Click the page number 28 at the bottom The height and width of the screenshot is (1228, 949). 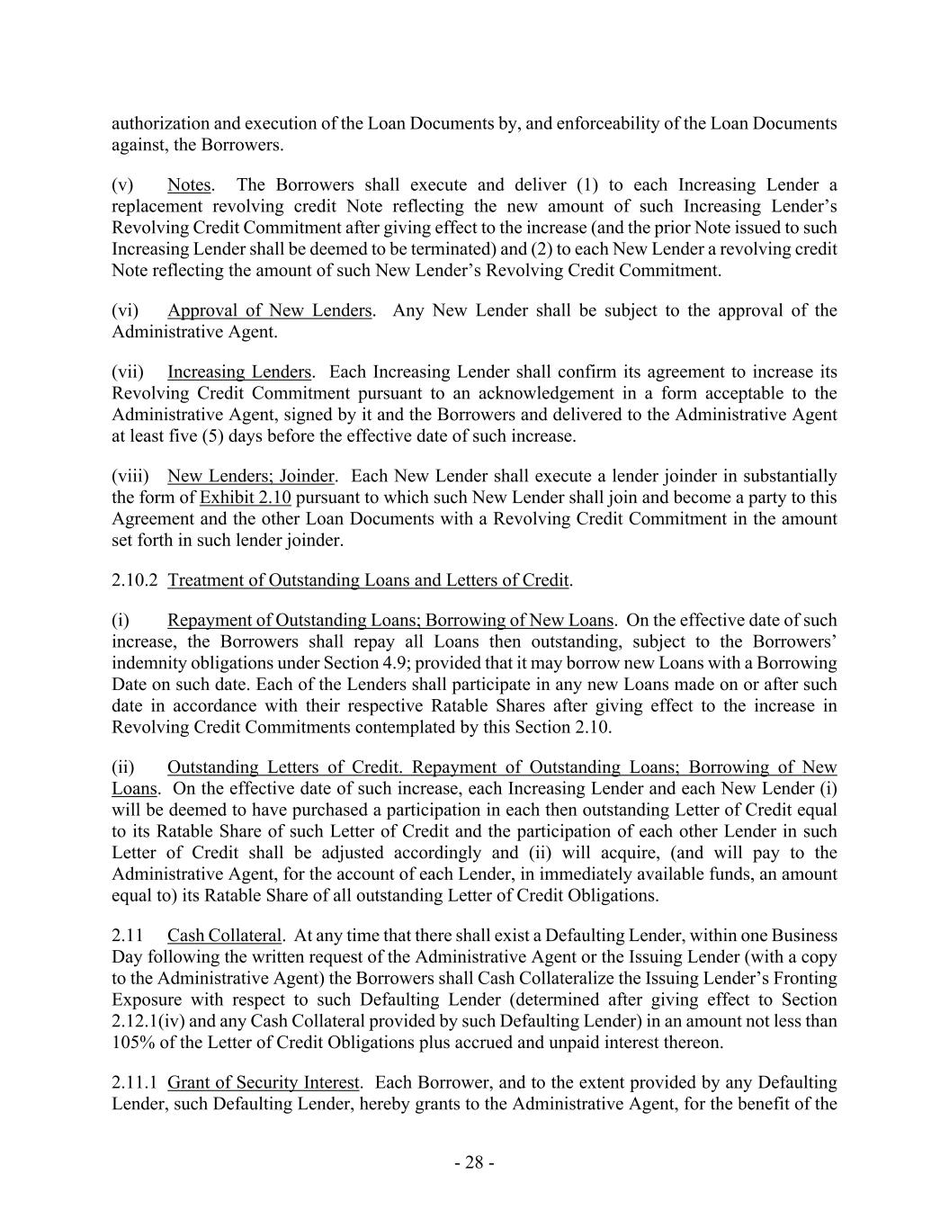(x=474, y=1162)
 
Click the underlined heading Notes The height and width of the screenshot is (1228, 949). (x=189, y=185)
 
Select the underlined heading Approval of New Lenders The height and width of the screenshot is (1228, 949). (x=269, y=310)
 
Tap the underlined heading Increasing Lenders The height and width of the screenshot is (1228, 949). (x=239, y=372)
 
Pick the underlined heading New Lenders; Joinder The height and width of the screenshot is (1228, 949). (x=250, y=476)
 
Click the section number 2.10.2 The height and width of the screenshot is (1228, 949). (x=136, y=580)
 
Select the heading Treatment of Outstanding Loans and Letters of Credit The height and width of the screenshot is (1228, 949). (x=368, y=580)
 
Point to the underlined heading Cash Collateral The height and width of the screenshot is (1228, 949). (x=224, y=936)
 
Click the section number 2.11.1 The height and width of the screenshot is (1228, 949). (x=136, y=1082)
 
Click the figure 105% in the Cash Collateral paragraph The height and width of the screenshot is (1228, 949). (x=131, y=1043)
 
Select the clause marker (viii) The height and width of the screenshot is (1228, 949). (x=129, y=476)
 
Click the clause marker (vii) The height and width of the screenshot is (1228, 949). (x=127, y=372)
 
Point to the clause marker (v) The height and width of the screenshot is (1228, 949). (x=122, y=185)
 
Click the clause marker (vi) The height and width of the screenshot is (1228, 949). (x=125, y=310)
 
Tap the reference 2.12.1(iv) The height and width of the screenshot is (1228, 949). (x=150, y=1021)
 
